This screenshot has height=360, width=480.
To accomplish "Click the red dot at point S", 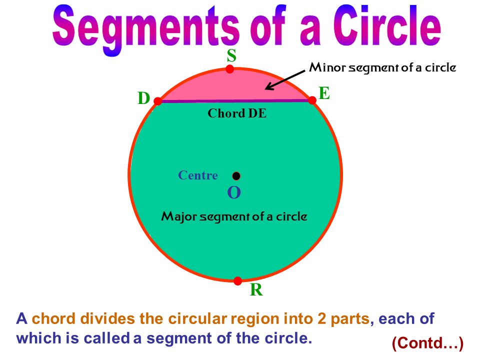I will (x=230, y=69).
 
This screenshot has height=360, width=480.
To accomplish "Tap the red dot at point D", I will (x=157, y=101).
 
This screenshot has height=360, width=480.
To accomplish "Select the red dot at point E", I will (x=312, y=100).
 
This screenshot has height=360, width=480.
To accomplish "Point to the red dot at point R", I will (x=238, y=281).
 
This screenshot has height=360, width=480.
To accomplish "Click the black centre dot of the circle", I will (x=236, y=176).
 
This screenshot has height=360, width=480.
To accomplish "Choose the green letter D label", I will (x=143, y=99).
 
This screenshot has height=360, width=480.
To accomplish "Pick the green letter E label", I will (x=324, y=93).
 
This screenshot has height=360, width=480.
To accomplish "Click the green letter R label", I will (x=256, y=290).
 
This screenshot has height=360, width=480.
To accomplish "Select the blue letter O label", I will (x=234, y=193).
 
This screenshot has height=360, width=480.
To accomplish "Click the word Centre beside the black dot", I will (x=198, y=175).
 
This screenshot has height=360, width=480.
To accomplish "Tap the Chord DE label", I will (x=237, y=113).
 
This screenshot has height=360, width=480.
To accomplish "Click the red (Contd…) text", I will (x=427, y=343).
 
